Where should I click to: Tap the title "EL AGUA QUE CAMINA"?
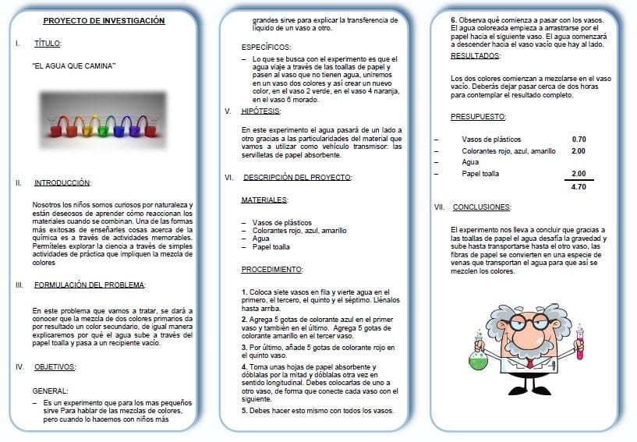point(74,67)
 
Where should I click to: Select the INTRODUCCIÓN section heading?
point(62,183)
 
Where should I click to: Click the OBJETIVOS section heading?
point(55,366)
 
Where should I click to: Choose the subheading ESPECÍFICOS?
point(266,47)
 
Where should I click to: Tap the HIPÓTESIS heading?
point(261,111)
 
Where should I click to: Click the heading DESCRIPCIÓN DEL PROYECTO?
point(297,177)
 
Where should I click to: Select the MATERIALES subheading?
point(265,200)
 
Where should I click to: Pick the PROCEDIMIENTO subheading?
point(271,269)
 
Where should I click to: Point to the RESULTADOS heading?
point(476,56)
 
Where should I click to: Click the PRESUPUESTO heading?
point(478,116)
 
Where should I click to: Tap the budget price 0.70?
point(579,140)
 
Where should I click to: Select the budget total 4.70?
point(579,187)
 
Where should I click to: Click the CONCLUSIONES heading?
point(482,207)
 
